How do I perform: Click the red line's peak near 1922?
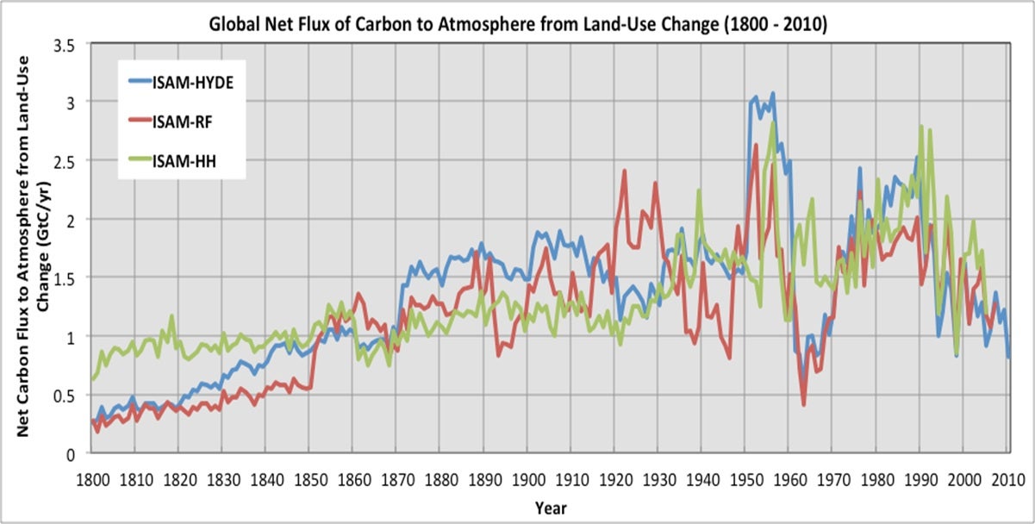[x=624, y=171]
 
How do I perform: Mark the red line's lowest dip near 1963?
[x=803, y=404]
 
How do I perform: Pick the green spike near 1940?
[x=699, y=190]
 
